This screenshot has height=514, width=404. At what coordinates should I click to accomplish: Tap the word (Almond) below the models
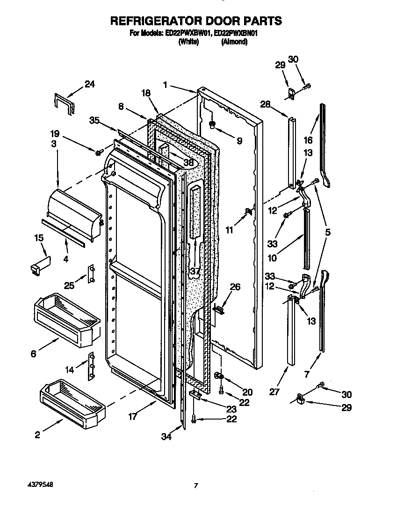[234, 42]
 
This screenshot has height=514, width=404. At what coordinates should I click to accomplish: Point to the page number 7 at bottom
[196, 486]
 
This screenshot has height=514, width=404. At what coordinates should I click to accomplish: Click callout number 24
[89, 85]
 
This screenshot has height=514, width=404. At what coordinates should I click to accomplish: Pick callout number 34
[166, 437]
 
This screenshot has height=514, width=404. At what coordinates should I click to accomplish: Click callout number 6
[33, 354]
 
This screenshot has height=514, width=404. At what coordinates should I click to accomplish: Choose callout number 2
[37, 435]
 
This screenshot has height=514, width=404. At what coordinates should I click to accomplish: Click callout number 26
[235, 287]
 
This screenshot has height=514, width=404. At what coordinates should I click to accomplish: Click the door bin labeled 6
[65, 318]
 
